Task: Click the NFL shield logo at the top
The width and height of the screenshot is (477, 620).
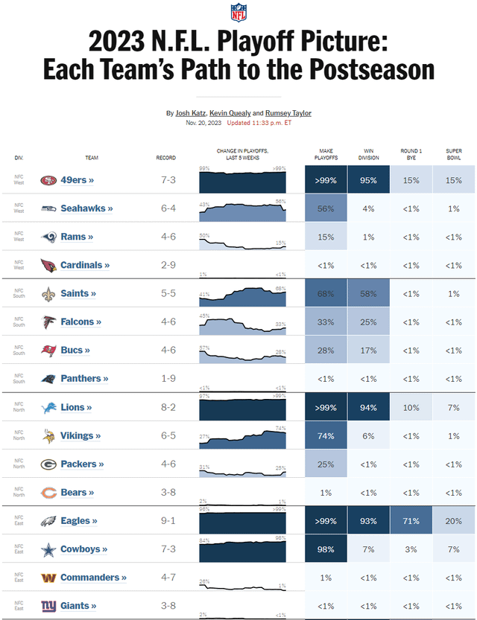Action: pyautogui.click(x=238, y=13)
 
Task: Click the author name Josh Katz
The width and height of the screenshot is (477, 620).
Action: pyautogui.click(x=190, y=113)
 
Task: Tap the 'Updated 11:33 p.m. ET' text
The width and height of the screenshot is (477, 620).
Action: pyautogui.click(x=259, y=123)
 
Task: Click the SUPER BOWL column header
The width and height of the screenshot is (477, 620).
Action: pyautogui.click(x=453, y=155)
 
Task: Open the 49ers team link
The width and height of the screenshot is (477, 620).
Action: pyautogui.click(x=78, y=180)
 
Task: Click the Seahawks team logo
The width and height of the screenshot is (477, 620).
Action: pyautogui.click(x=48, y=208)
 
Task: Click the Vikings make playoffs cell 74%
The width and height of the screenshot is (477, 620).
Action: pyautogui.click(x=326, y=436)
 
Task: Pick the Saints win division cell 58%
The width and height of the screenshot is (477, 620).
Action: pyautogui.click(x=368, y=294)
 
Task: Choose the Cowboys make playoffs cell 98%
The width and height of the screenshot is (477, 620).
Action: pyautogui.click(x=326, y=549)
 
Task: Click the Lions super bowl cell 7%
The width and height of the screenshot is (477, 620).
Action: pyautogui.click(x=453, y=408)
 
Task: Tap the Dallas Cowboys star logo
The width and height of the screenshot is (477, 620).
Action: pyautogui.click(x=48, y=549)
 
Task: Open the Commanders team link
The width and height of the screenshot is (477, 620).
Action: pyautogui.click(x=93, y=578)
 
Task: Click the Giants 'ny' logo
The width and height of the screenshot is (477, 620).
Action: pyautogui.click(x=48, y=606)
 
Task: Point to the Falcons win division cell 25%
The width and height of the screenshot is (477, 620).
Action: pyautogui.click(x=368, y=322)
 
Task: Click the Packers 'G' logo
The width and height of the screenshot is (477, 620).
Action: pyautogui.click(x=48, y=464)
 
